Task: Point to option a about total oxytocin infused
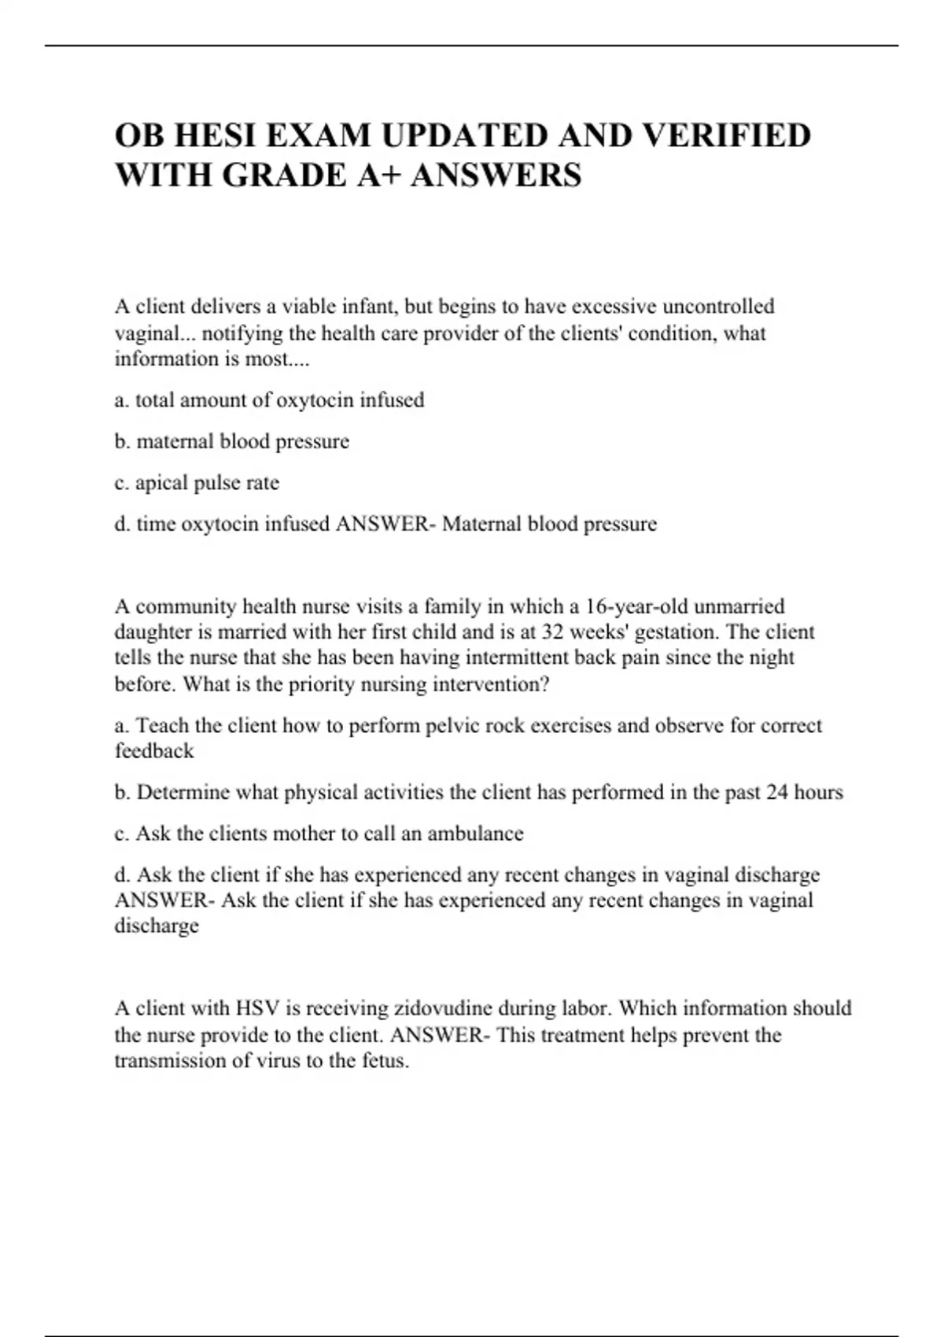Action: (x=269, y=400)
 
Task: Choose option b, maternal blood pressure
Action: (x=232, y=441)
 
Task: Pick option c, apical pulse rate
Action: (x=197, y=483)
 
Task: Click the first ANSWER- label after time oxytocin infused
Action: (x=385, y=524)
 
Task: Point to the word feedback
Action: (x=154, y=751)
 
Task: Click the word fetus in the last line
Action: (x=384, y=1061)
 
